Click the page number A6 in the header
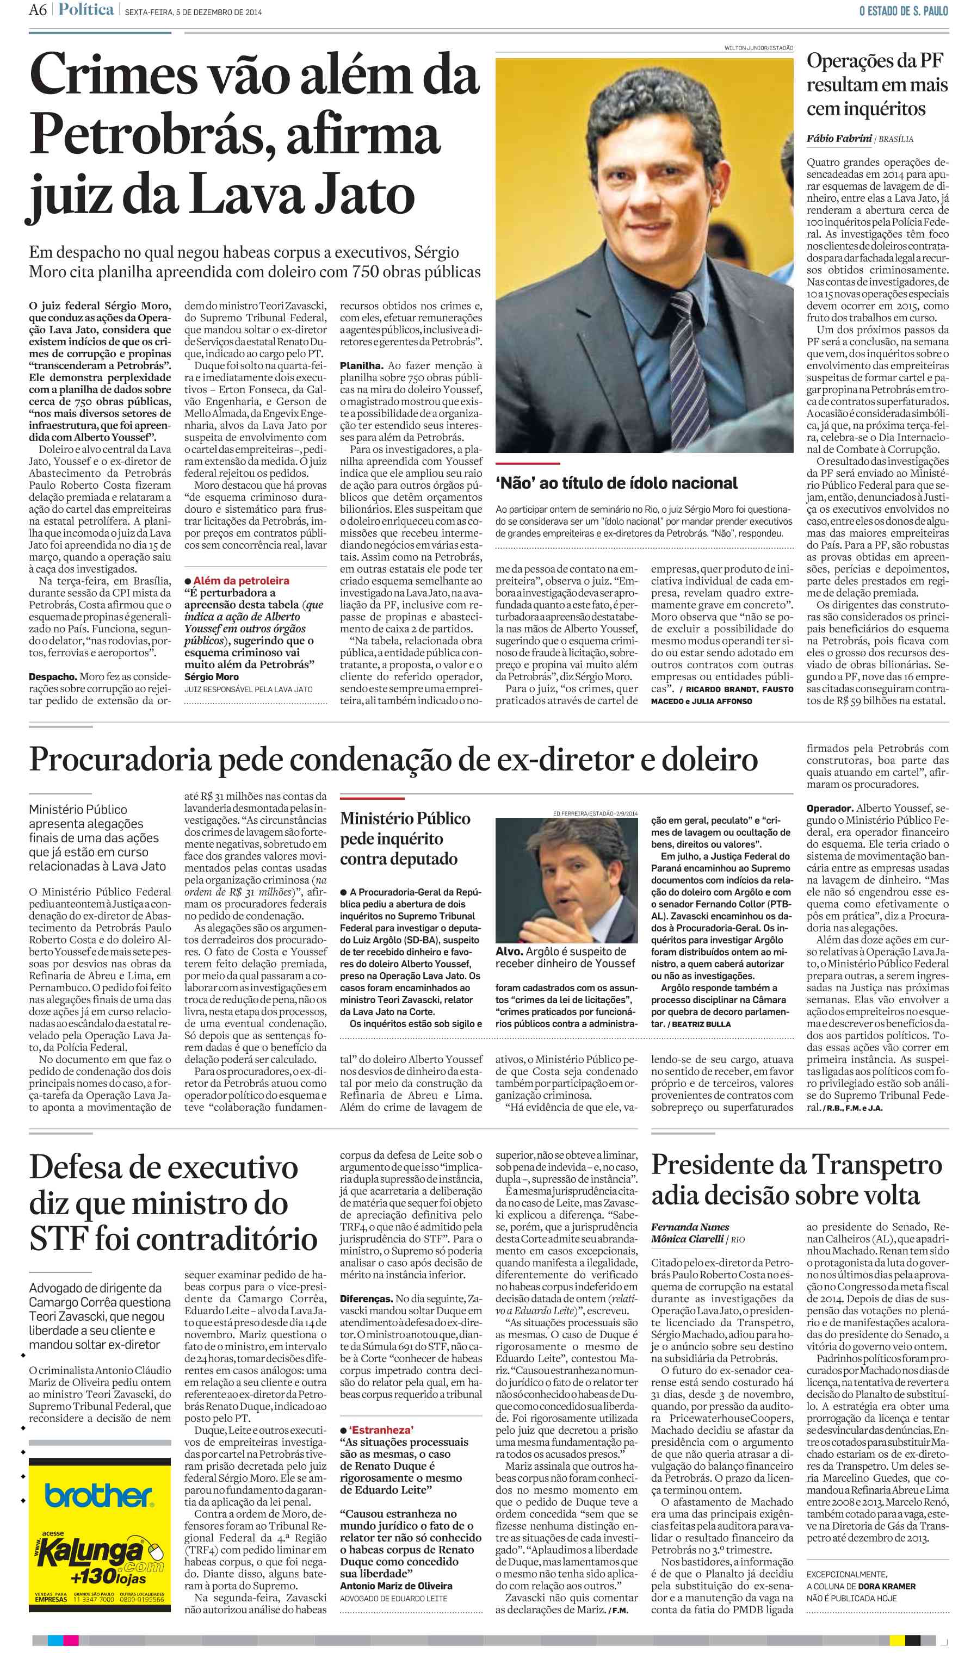(38, 10)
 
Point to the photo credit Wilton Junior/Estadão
(758, 48)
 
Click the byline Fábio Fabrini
(839, 139)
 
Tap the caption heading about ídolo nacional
(616, 483)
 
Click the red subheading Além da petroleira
(241, 580)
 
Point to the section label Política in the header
(85, 10)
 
